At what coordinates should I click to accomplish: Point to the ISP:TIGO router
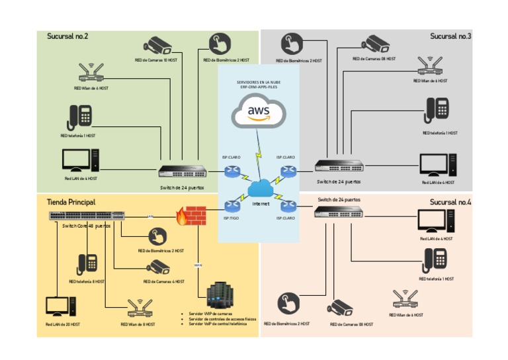232,206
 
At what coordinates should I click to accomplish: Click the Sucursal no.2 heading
67,36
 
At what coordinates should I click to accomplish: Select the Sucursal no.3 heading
450,36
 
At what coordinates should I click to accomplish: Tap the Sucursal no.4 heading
450,202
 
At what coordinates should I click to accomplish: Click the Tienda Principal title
71,201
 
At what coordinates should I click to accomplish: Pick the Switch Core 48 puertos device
86,215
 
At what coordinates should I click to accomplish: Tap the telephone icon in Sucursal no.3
438,111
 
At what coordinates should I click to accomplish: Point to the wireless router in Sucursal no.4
406,299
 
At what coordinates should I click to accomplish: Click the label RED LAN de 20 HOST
63,324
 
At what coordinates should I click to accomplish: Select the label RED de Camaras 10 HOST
156,60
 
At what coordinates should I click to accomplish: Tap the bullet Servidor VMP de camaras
210,314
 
